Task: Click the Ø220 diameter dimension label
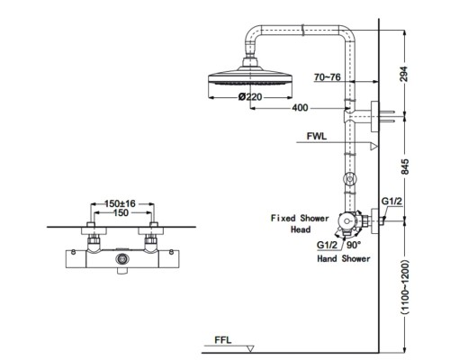pos(250,97)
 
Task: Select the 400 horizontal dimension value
pos(300,108)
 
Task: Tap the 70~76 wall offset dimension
pos(328,77)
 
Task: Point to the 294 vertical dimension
pos(404,74)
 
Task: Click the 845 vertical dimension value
pos(405,166)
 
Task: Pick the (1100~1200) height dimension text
pos(405,287)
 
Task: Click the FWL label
pos(317,136)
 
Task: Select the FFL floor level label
pos(223,340)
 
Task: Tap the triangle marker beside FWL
pos(373,146)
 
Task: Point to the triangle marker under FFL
pos(250,349)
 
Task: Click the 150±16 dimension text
pos(120,203)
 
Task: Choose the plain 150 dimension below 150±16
pos(121,212)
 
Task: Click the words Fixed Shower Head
pos(300,223)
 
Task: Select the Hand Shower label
pos(344,258)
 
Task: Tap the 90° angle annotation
pos(354,245)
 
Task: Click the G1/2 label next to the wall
pos(391,201)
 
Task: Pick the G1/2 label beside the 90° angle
pos(327,245)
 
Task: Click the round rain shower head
pos(250,77)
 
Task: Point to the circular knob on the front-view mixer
pos(122,258)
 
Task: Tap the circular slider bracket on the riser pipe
pos(350,179)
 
